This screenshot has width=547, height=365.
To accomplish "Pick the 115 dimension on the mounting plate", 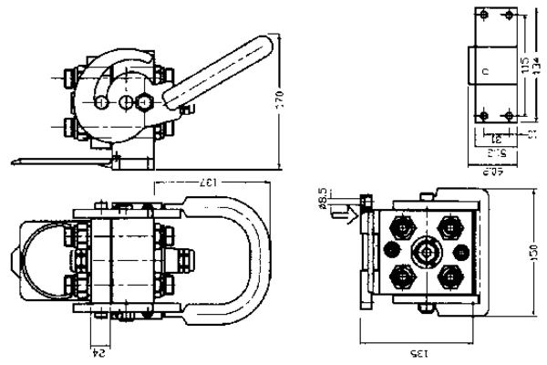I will tap(522, 66).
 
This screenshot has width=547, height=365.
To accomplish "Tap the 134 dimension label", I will tap(533, 66).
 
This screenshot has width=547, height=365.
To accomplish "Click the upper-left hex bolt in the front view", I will tap(400, 224).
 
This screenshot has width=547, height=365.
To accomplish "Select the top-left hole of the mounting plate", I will tap(483, 16).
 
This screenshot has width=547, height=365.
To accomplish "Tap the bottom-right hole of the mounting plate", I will tap(507, 116).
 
